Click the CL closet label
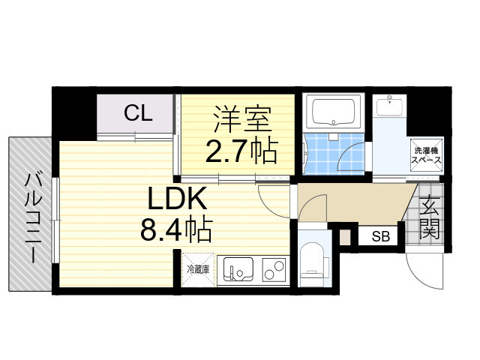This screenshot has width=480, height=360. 138,114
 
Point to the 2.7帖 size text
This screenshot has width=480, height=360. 241,151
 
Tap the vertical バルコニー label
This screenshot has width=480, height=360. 32,217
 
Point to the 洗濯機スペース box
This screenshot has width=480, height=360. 424,154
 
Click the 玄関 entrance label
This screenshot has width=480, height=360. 429,217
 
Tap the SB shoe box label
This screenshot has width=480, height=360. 381,237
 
